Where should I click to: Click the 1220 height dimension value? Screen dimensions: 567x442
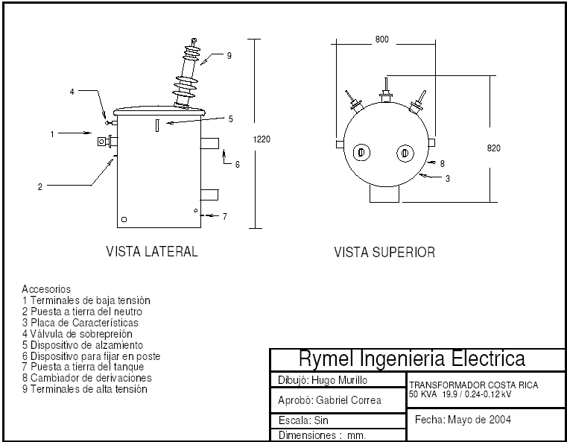pos(262,139)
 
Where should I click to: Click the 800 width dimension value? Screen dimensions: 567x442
pos(382,40)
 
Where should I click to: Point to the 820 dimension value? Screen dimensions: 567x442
pos(493,148)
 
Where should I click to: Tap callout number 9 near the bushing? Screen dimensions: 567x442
pos(229,56)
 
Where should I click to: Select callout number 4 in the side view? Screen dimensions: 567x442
pos(72,92)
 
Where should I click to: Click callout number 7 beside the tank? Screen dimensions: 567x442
pos(225,216)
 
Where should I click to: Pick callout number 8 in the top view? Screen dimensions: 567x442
pos(442,164)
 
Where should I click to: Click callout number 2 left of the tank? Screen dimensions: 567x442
pos(40,187)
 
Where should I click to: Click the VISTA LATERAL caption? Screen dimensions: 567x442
pos(152,252)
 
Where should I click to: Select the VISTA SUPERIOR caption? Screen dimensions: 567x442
pos(384,253)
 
